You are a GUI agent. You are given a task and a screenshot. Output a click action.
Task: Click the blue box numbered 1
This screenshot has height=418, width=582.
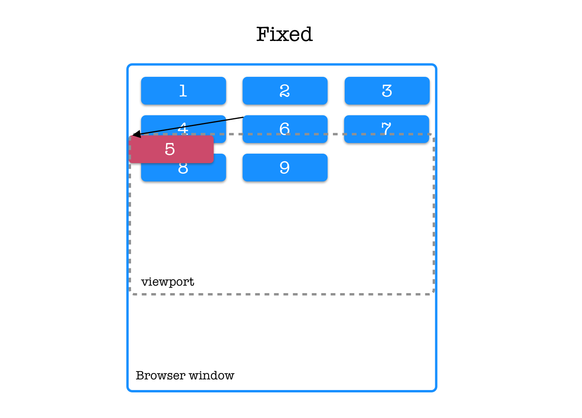pos(183,91)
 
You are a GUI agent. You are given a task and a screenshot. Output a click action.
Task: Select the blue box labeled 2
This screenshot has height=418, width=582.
pos(285,91)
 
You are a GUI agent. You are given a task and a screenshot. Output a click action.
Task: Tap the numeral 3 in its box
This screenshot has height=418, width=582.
pos(387,91)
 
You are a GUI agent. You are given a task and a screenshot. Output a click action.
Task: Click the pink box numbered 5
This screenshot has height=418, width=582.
pos(171,149)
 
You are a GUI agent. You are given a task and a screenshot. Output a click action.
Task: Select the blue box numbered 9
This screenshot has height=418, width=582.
pos(285,168)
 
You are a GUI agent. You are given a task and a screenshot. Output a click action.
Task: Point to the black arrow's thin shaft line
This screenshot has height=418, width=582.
pos(185,126)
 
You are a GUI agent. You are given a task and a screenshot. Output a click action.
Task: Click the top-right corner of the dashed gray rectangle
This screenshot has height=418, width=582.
pos(434,134)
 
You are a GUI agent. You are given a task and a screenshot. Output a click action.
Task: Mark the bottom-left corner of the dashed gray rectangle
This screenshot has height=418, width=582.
pos(130,294)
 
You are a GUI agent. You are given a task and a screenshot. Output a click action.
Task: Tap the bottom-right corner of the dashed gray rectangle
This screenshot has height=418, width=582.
pos(434,294)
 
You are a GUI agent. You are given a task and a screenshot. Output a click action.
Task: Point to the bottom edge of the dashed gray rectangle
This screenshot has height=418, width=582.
pos(282,294)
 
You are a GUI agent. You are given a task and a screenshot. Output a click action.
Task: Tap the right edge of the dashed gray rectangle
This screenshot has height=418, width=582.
pos(434,215)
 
